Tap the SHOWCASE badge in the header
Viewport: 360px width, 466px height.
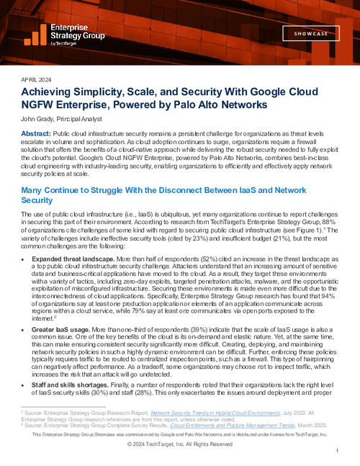point(308,34)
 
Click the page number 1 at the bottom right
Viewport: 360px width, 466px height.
point(336,450)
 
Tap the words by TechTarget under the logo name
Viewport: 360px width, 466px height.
point(68,43)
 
